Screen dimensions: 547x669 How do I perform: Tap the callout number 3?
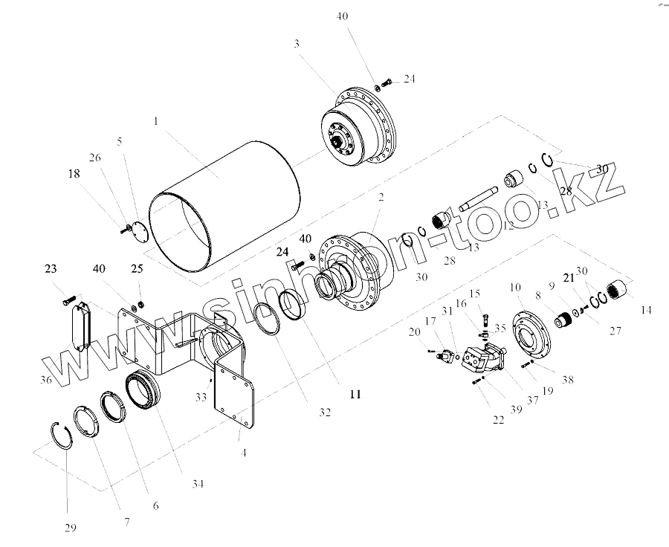296,44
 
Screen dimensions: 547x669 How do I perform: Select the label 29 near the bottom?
70,528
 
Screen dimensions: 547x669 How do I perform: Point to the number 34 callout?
197,485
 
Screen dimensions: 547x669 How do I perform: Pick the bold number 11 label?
355,394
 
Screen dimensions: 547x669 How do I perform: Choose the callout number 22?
498,419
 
